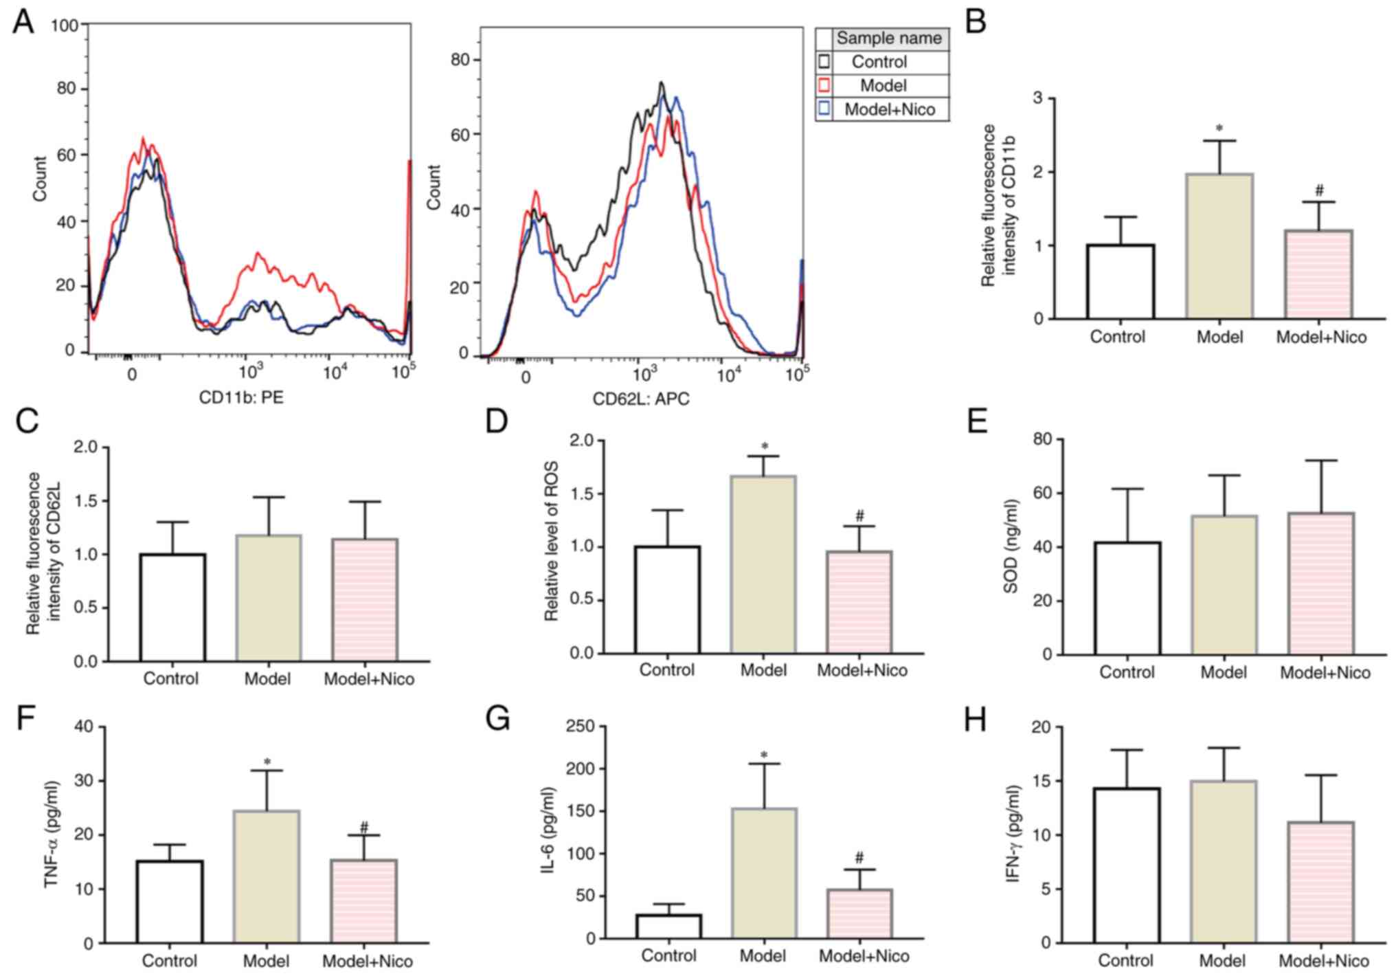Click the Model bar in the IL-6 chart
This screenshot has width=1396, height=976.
tap(763, 873)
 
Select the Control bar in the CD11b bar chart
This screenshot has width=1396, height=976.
tap(1121, 281)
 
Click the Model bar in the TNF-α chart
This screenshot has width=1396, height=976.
tap(267, 876)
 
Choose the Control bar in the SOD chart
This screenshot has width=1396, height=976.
tap(1127, 598)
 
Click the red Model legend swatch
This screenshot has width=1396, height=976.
tap(824, 85)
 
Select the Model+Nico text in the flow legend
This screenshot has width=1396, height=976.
tap(890, 109)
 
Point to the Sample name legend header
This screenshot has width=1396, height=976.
tap(889, 38)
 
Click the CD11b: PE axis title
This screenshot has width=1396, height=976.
tap(241, 397)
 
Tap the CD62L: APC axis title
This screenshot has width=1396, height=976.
tap(640, 399)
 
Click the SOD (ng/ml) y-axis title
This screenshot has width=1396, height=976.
tap(1011, 546)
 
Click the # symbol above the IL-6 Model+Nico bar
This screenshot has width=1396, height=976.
tap(859, 857)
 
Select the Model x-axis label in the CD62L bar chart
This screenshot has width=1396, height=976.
tap(267, 679)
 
